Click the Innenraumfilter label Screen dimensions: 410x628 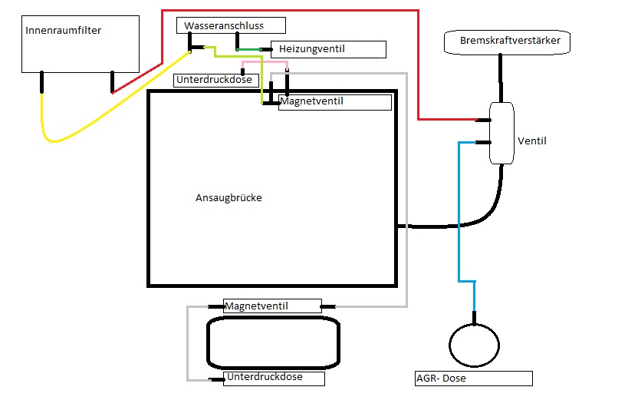64,31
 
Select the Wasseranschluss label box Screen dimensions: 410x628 230,25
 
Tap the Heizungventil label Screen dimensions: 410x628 328,49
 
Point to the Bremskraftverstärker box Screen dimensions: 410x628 508,41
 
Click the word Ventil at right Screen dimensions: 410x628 532,141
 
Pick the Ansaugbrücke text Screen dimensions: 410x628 229,198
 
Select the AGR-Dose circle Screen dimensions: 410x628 475,345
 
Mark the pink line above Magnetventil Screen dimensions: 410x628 265,63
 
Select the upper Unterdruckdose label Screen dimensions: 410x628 213,80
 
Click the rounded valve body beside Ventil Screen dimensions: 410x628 502,133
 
